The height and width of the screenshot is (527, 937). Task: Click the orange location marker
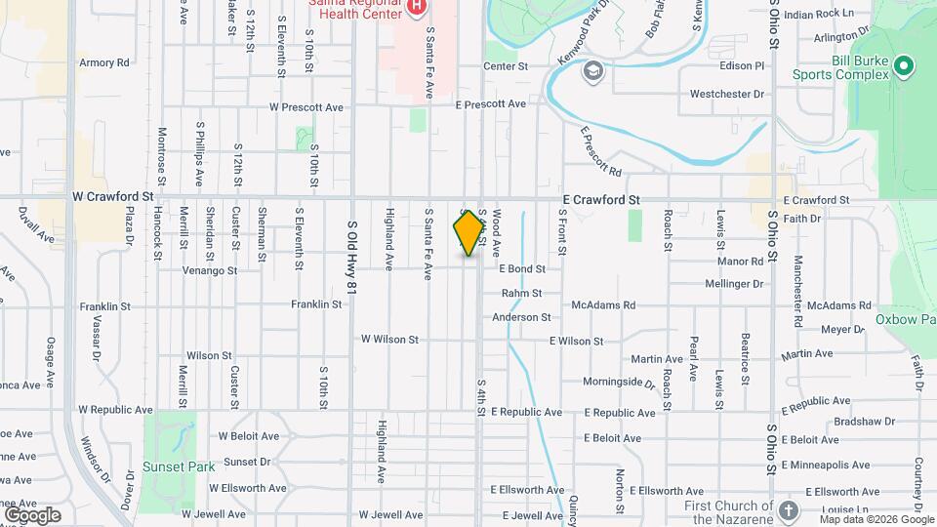pyautogui.click(x=468, y=233)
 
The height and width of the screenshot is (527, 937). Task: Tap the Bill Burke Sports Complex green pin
pyautogui.click(x=904, y=66)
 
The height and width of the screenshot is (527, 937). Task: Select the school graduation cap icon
pyautogui.click(x=592, y=70)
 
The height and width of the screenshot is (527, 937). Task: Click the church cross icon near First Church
pyautogui.click(x=789, y=510)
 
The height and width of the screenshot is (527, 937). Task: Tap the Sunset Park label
pyautogui.click(x=178, y=466)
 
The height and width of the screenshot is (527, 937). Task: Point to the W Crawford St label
pyautogui.click(x=113, y=196)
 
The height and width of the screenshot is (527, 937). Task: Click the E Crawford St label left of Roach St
pyautogui.click(x=600, y=200)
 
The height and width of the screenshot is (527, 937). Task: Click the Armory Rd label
pyautogui.click(x=104, y=62)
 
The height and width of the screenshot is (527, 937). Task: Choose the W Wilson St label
pyautogui.click(x=389, y=340)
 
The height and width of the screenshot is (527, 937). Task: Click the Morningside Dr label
pyautogui.click(x=619, y=382)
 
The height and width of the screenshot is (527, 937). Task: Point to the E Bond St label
pyautogui.click(x=521, y=268)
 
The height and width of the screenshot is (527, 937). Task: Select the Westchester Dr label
pyautogui.click(x=726, y=95)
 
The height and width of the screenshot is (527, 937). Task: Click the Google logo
pyautogui.click(x=32, y=514)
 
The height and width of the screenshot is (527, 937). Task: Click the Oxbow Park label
pyautogui.click(x=905, y=318)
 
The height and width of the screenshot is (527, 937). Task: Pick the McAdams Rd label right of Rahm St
pyautogui.click(x=605, y=305)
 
